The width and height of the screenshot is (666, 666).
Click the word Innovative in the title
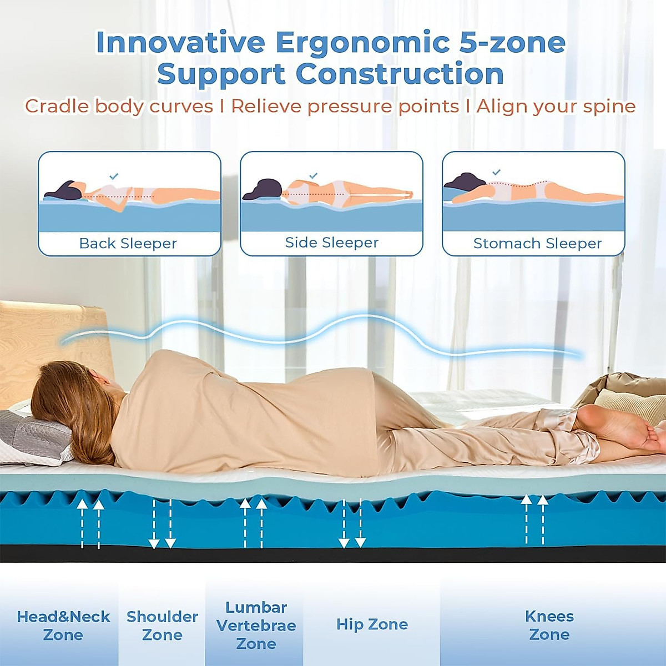click(180, 43)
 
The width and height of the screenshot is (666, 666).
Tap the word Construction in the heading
click(400, 74)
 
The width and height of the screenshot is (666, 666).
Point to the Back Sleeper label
click(128, 244)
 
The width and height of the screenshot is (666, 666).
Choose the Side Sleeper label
click(331, 243)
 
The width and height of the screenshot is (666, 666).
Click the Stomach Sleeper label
click(537, 244)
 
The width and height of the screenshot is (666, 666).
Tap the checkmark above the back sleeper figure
click(114, 176)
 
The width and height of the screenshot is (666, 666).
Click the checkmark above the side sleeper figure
click(313, 175)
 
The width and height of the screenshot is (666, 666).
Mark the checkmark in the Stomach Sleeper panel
click(497, 172)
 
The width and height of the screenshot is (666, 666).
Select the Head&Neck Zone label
click(63, 625)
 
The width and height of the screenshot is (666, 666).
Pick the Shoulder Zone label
click(162, 625)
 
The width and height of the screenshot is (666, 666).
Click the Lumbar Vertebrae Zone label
click(256, 625)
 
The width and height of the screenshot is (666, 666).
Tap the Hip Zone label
click(372, 624)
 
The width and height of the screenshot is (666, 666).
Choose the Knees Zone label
click(549, 625)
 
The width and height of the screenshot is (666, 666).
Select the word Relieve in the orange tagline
click(267, 107)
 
